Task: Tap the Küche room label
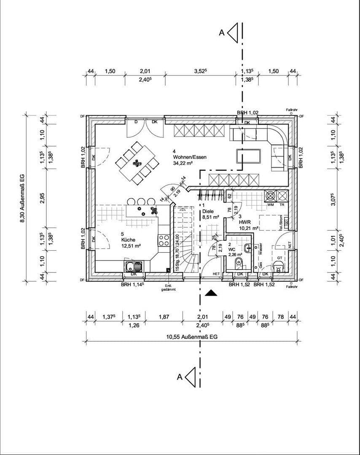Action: tap(128, 239)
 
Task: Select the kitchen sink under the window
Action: tap(134, 266)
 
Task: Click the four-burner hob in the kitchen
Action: tap(164, 241)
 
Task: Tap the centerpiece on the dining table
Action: tap(137, 162)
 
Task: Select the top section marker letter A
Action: tap(221, 33)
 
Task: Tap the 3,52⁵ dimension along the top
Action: tap(200, 71)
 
